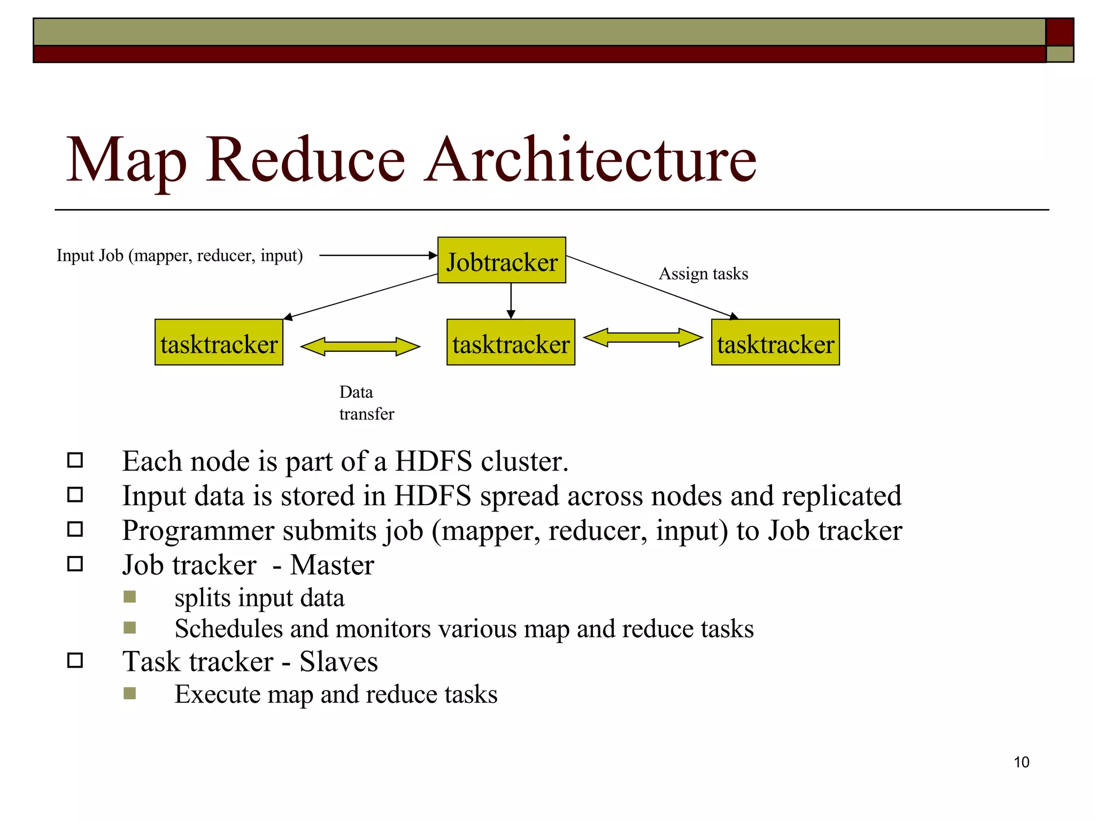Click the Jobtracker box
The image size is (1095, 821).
tap(502, 260)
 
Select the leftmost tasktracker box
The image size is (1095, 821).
tap(219, 343)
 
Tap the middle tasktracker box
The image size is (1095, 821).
tap(511, 343)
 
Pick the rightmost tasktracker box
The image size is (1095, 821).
tap(775, 343)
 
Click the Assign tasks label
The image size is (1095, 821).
tap(703, 274)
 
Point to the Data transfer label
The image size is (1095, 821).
tap(366, 403)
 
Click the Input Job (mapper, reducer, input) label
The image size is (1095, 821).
tap(180, 255)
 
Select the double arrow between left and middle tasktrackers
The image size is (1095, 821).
tap(360, 346)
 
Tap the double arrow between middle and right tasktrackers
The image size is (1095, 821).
tap(643, 337)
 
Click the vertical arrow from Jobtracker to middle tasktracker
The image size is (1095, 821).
tap(511, 300)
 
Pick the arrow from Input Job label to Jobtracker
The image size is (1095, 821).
tap(378, 255)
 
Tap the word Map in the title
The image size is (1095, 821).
tap(126, 160)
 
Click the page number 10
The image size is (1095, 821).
tap(1021, 762)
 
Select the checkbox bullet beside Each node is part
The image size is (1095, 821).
tap(75, 460)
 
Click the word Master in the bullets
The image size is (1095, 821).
tap(331, 565)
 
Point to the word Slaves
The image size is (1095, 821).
tap(338, 662)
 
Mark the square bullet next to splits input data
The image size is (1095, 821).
tap(129, 597)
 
